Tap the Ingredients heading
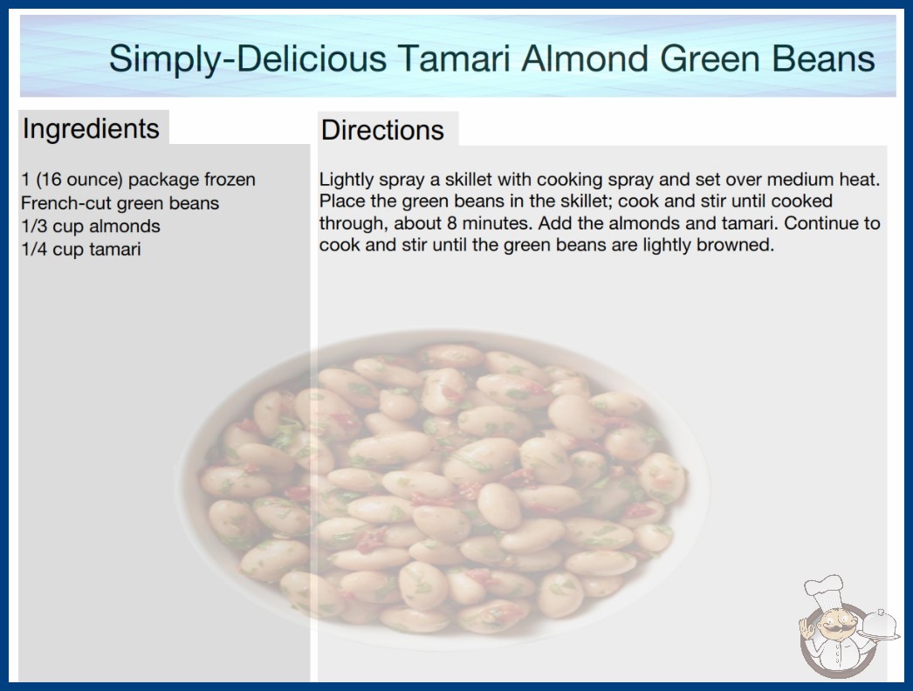click(x=91, y=129)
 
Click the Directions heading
click(x=382, y=130)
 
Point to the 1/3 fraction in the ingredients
click(x=34, y=226)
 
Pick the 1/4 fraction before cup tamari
click(x=34, y=250)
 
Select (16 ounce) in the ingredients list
click(x=79, y=180)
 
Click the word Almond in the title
click(x=585, y=58)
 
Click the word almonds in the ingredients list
click(x=124, y=226)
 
